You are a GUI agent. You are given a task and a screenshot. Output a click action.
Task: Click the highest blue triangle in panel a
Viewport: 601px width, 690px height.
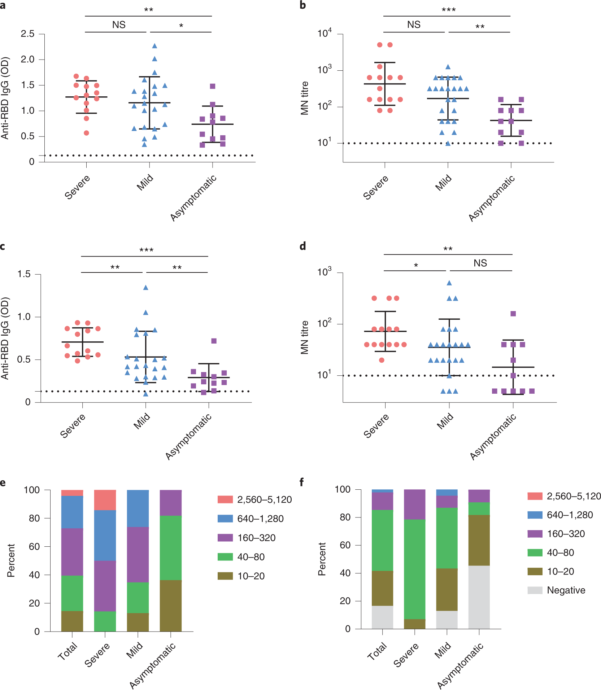click(154, 46)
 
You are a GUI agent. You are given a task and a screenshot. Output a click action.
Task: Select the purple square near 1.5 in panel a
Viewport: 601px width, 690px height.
click(213, 86)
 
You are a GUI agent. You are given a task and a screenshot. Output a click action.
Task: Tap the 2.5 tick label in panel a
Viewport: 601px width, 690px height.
click(27, 34)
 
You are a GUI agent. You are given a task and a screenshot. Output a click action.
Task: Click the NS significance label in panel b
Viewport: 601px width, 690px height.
click(414, 25)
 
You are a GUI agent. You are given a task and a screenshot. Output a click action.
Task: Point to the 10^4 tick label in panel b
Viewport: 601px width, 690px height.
click(324, 34)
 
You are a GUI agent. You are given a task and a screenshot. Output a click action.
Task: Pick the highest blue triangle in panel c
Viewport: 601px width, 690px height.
click(146, 288)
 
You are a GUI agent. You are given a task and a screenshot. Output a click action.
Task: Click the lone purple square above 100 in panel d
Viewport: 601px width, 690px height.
click(513, 314)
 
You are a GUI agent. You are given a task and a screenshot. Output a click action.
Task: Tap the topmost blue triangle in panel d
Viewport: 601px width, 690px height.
click(449, 283)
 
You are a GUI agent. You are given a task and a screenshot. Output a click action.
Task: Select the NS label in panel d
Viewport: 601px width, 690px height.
click(480, 263)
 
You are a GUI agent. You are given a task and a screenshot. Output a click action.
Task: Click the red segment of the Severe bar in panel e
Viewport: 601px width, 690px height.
click(105, 500)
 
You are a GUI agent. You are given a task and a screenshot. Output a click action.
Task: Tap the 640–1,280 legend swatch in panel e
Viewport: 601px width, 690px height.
click(225, 519)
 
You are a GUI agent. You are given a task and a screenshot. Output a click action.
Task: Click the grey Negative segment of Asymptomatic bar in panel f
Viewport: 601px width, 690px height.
click(479, 597)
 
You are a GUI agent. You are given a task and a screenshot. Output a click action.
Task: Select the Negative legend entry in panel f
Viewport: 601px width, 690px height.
click(566, 590)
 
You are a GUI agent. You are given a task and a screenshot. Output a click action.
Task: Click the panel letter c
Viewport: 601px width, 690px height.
click(3, 246)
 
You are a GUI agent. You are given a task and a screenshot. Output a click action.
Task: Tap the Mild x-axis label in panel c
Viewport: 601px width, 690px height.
click(142, 422)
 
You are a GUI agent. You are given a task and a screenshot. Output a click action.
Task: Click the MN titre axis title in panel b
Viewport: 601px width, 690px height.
click(305, 98)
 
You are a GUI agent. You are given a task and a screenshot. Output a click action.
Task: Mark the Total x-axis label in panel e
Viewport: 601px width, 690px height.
click(67, 651)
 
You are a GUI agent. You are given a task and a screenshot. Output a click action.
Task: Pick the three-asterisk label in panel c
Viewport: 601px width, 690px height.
click(146, 250)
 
